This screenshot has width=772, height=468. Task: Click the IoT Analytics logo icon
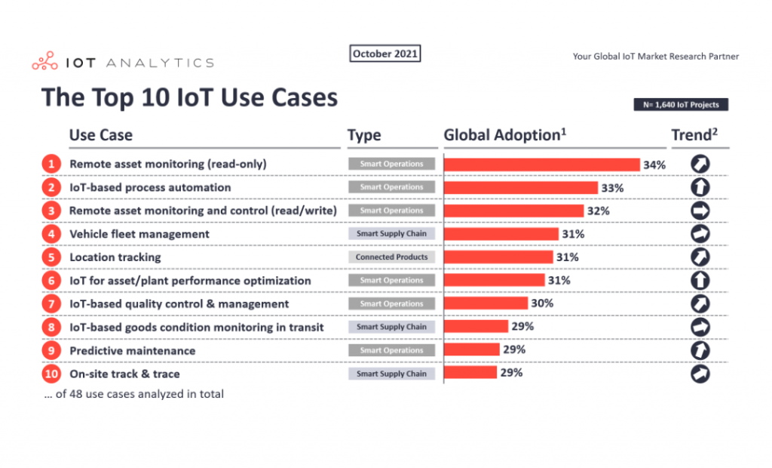tap(44, 62)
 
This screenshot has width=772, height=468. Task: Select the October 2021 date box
tap(385, 54)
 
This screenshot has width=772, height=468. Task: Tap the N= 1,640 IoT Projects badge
tap(681, 105)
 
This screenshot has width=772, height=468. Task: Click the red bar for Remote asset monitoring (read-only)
tap(541, 164)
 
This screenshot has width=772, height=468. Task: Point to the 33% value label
tap(611, 187)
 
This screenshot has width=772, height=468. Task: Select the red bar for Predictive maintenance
tap(471, 350)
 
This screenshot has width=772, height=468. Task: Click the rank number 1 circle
tap(51, 164)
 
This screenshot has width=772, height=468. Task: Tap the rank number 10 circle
tap(51, 374)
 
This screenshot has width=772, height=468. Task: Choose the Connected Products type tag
tap(391, 257)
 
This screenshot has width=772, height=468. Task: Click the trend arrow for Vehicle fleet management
tap(700, 234)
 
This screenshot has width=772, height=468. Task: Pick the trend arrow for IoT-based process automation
tap(700, 187)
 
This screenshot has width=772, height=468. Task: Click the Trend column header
tap(694, 135)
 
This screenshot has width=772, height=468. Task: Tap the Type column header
tap(364, 136)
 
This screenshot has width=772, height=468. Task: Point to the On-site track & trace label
tap(124, 374)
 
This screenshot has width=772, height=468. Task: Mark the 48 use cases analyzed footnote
tap(133, 394)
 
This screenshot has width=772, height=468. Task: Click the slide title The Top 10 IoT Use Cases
tap(189, 98)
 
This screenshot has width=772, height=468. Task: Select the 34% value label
tap(654, 165)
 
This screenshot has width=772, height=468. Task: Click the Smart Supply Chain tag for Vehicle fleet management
tap(391, 234)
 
